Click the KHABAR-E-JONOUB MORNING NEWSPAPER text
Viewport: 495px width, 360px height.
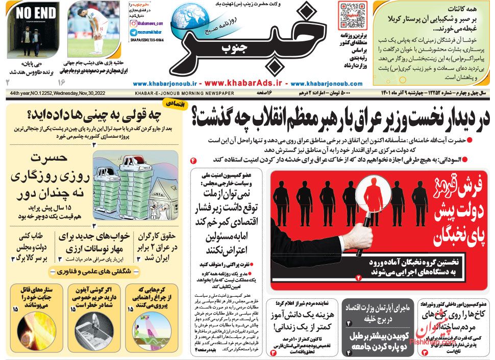(x=184, y=94)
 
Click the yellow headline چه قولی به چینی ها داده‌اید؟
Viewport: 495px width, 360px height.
(x=92, y=115)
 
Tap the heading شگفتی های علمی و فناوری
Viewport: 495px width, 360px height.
(x=92, y=272)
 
